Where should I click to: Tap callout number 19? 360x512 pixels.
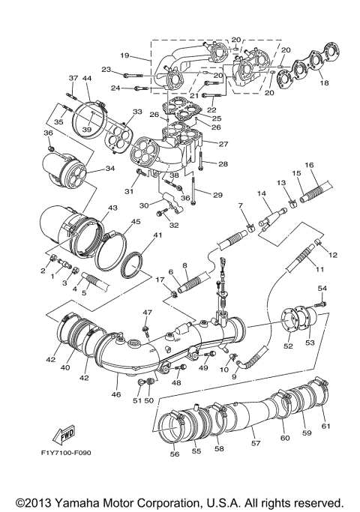(x=124, y=55)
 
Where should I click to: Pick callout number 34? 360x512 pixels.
(x=109, y=169)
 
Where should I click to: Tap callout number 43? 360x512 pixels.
(x=112, y=208)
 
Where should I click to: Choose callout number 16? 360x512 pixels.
(x=308, y=164)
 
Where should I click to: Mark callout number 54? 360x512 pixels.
(x=322, y=288)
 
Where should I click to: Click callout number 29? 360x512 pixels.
(x=217, y=195)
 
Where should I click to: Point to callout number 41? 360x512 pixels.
(x=157, y=235)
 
